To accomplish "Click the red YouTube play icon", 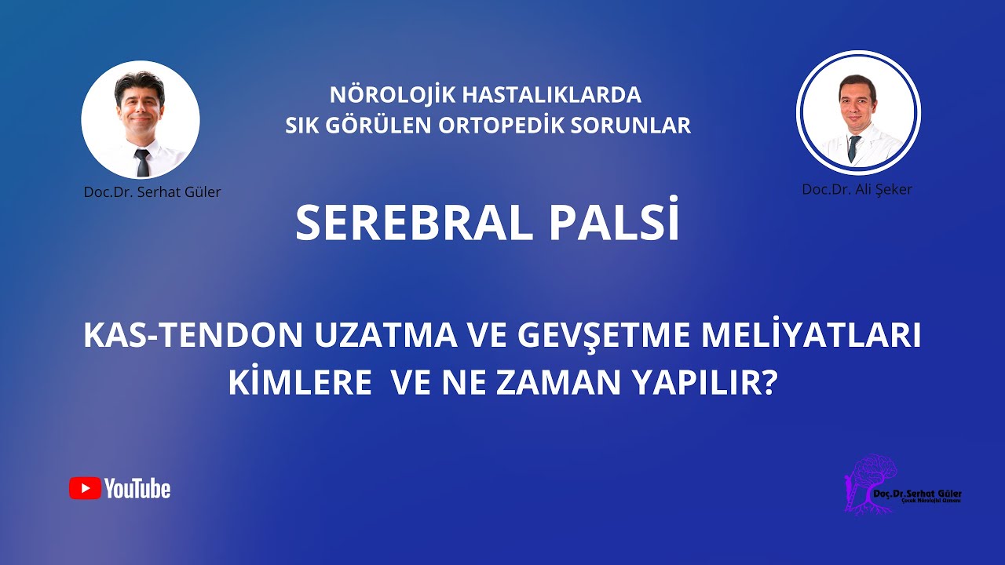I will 85,488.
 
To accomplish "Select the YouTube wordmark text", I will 137,489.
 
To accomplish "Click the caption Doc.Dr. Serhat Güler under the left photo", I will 152,191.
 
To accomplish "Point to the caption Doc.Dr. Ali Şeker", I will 857,189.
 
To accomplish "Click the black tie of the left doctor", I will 142,162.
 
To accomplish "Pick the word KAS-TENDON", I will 192,337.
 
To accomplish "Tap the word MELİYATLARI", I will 820,337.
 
